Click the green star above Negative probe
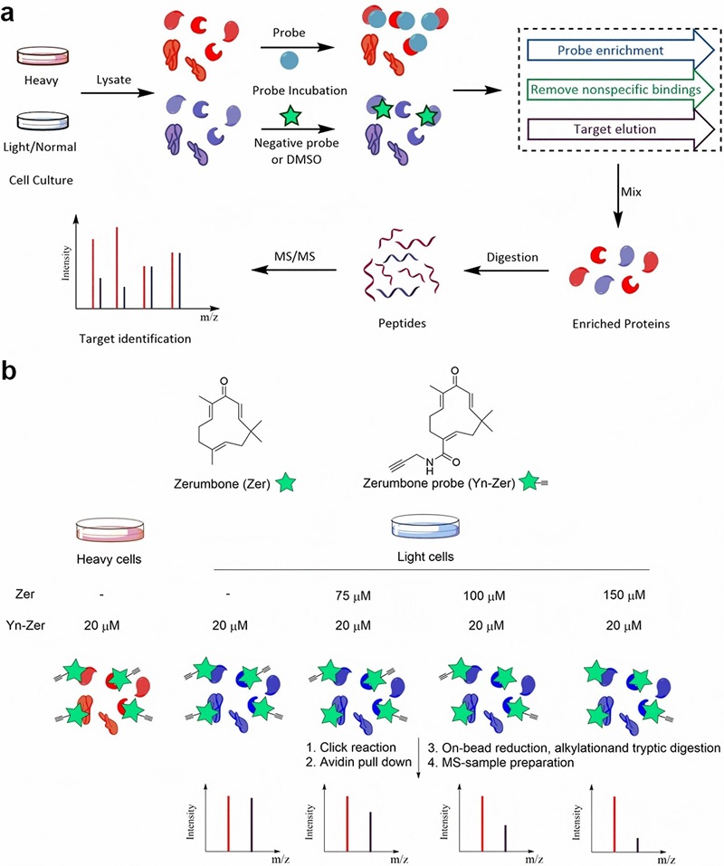click(x=291, y=117)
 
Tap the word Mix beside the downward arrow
click(x=641, y=194)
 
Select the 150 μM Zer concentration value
click(x=623, y=597)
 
